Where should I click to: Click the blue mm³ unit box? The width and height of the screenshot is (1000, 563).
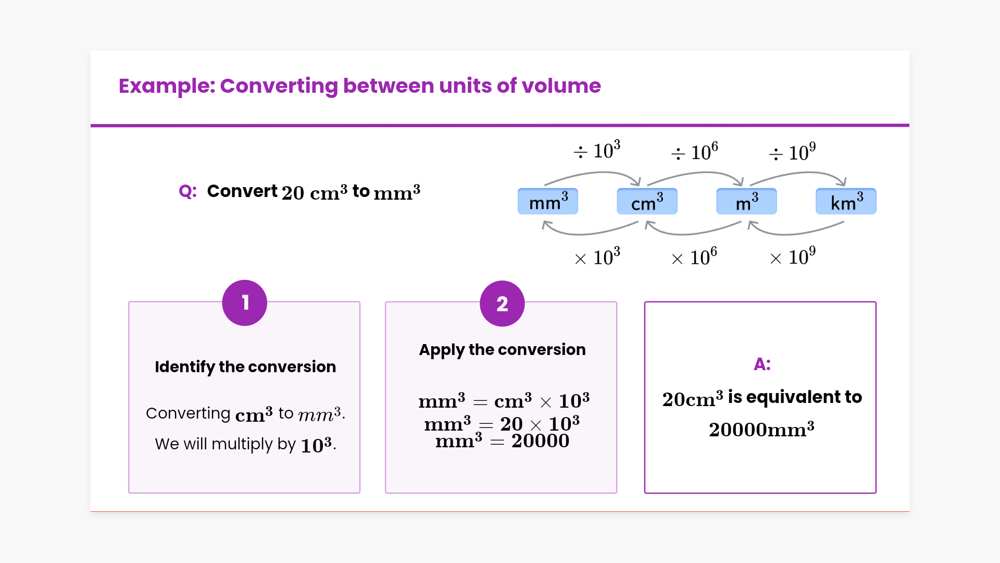point(548,202)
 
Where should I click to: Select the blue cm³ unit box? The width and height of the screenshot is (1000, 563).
point(647,202)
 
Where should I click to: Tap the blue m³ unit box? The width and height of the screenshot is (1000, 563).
point(746,202)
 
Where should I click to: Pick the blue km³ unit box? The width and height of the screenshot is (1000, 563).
point(846,202)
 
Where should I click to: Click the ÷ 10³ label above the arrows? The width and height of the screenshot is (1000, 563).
point(597,150)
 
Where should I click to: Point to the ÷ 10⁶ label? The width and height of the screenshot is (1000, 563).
point(694,152)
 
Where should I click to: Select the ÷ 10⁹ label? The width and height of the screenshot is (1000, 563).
point(792,152)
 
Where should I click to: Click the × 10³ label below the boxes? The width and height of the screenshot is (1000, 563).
point(597,256)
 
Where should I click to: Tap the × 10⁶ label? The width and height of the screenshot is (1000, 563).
point(694,256)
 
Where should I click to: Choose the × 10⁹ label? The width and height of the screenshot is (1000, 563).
point(793,256)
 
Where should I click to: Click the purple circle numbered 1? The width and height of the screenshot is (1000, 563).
point(245,303)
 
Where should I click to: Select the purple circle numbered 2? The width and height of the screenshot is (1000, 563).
point(502,303)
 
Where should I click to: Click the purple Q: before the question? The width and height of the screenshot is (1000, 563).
point(187,191)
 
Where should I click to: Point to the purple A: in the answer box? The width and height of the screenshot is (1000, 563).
point(762,364)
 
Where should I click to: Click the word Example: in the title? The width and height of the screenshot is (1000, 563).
point(167,86)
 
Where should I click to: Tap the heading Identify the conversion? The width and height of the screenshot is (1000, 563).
point(245,367)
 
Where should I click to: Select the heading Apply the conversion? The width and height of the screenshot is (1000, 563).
point(503,350)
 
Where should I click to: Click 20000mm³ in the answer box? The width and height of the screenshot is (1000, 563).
point(761,430)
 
